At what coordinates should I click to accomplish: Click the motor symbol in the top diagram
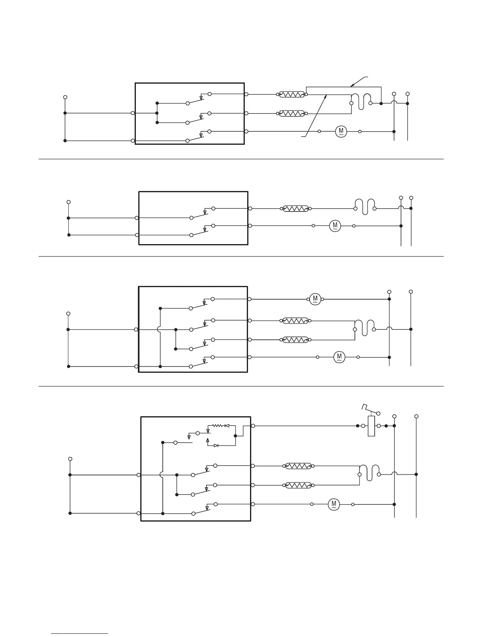tap(340, 131)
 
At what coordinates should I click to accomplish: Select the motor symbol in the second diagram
tap(335, 226)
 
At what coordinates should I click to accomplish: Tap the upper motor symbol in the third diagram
tap(315, 299)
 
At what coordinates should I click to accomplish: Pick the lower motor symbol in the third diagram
tap(339, 357)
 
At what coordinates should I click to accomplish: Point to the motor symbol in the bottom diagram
tap(334, 504)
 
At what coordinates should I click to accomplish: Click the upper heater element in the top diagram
tap(291, 95)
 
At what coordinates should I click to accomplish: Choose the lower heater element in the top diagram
tap(291, 113)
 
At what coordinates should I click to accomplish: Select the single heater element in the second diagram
tap(296, 209)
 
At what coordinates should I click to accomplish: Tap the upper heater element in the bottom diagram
tap(299, 466)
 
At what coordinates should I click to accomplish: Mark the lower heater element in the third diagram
tap(296, 339)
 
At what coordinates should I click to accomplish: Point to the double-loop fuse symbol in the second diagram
tap(365, 206)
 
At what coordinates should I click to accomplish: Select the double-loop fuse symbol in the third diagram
tap(365, 327)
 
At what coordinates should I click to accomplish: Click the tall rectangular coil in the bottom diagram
tap(371, 426)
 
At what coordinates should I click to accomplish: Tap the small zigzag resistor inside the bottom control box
tap(217, 425)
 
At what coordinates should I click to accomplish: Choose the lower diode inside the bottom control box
tap(216, 446)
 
